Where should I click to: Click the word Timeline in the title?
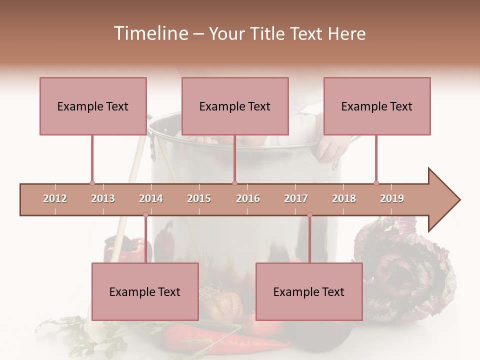150,33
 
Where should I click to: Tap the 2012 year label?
55,198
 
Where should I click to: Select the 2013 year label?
103,198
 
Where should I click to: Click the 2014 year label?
151,198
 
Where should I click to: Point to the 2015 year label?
199,198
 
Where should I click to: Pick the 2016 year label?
248,198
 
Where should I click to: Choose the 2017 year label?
296,198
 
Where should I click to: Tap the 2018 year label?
344,198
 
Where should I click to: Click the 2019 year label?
392,198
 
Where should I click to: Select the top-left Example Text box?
93,106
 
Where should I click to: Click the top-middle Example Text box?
235,106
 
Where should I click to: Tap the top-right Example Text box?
377,106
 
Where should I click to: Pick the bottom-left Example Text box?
145,291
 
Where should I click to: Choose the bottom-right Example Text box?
309,291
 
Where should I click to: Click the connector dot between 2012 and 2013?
92,183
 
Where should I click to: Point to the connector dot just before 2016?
234,183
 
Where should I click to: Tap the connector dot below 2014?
145,215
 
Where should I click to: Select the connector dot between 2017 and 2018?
309,215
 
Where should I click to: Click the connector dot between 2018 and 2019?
376,183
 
